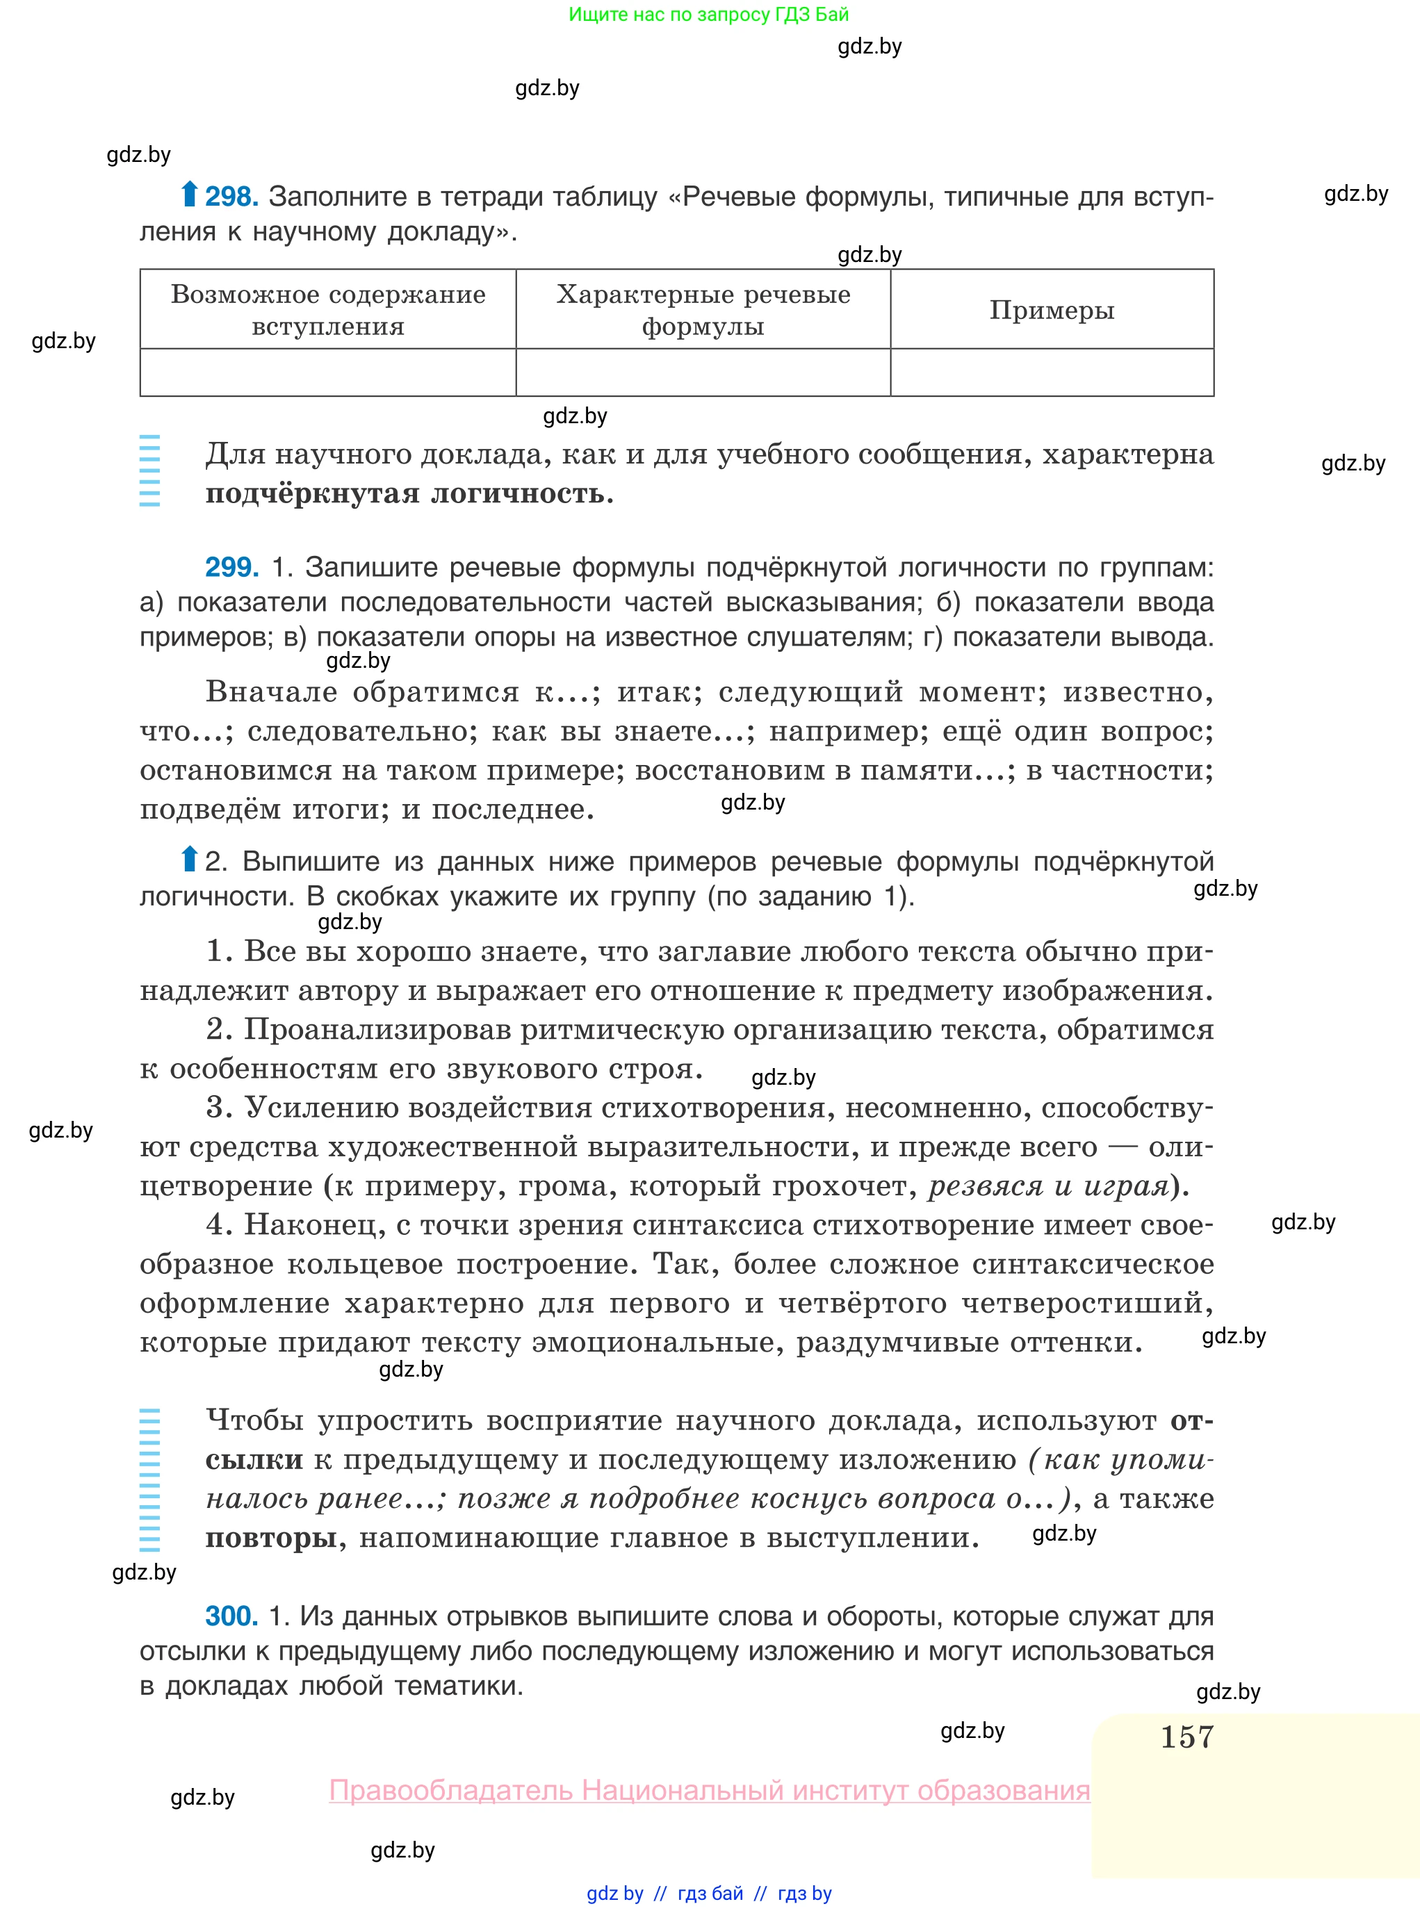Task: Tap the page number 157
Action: (1186, 1737)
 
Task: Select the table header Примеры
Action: (1051, 310)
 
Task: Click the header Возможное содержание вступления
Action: (327, 310)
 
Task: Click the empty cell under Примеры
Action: (1051, 373)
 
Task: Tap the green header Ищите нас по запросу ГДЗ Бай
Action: (708, 15)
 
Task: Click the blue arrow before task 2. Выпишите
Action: (189, 858)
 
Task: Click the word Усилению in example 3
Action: (320, 1108)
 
